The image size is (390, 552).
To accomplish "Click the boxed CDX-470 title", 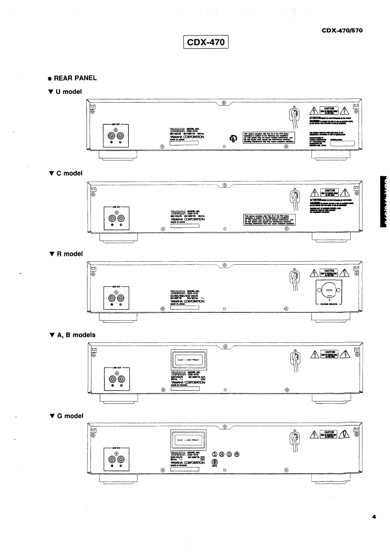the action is click(x=205, y=43).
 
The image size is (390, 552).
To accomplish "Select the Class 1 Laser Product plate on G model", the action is click(x=187, y=439).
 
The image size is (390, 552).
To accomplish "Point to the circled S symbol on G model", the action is click(x=214, y=454).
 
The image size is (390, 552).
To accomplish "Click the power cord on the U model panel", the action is click(x=294, y=116).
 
